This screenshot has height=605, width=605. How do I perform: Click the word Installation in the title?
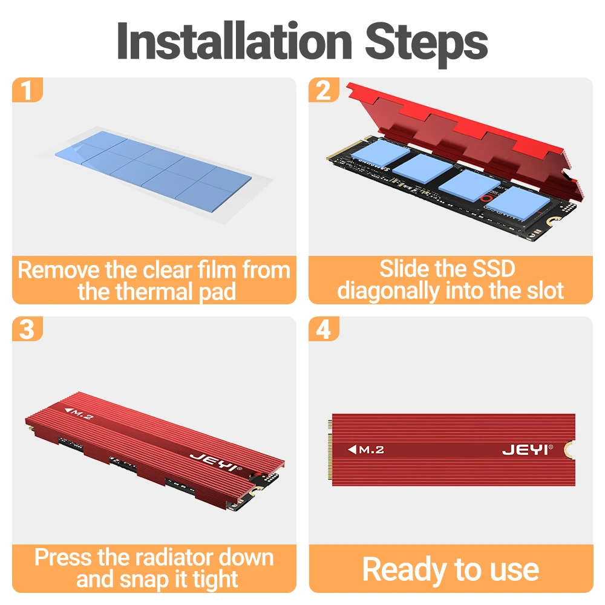point(234,41)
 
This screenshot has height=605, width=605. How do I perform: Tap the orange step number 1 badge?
point(27,90)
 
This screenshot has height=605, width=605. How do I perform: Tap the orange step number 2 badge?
point(324,90)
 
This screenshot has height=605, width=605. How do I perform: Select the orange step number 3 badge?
point(27,329)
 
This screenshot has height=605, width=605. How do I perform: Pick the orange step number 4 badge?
point(324,329)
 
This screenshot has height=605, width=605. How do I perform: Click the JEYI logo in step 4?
point(528,450)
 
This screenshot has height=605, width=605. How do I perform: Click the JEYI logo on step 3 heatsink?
point(216,462)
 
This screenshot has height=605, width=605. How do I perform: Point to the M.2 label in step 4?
point(366,450)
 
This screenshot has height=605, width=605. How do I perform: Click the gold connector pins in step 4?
point(330,450)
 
